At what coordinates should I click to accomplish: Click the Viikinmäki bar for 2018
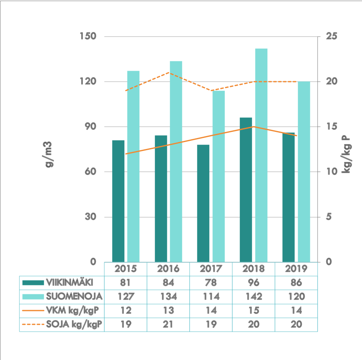click(x=246, y=190)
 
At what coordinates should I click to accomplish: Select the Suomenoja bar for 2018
click(x=261, y=155)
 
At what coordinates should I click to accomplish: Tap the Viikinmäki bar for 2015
click(x=118, y=201)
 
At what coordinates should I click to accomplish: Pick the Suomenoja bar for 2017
click(x=219, y=176)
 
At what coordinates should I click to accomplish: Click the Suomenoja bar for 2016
click(x=176, y=161)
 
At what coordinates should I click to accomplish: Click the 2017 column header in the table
click(x=211, y=269)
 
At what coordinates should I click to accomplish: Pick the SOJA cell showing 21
click(x=168, y=325)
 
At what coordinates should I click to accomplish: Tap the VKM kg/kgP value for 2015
click(x=126, y=310)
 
